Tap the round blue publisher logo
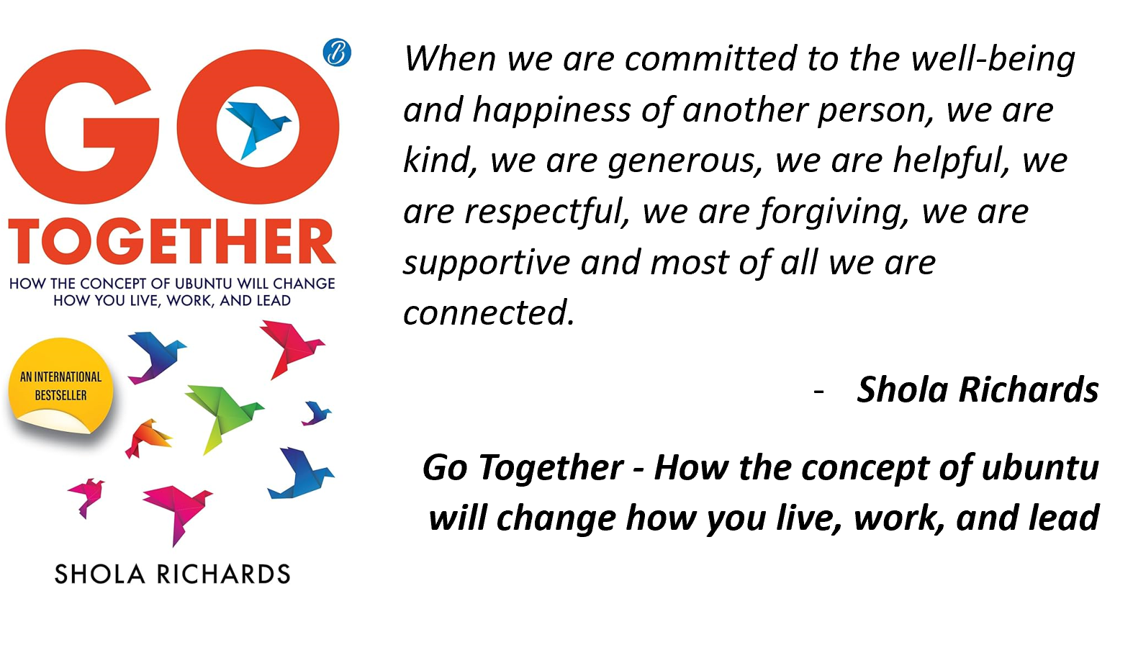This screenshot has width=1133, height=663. click(x=337, y=53)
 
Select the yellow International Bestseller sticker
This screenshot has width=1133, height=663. click(x=60, y=387)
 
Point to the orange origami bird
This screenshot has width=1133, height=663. click(x=148, y=438)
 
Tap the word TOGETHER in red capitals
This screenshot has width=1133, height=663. click(x=172, y=242)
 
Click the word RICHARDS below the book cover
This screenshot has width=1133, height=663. click(x=223, y=574)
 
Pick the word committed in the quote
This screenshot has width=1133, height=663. click(x=710, y=58)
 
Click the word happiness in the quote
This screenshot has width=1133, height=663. click(x=551, y=111)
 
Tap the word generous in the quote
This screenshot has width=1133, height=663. click(x=685, y=161)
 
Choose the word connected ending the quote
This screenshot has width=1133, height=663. click(x=489, y=312)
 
